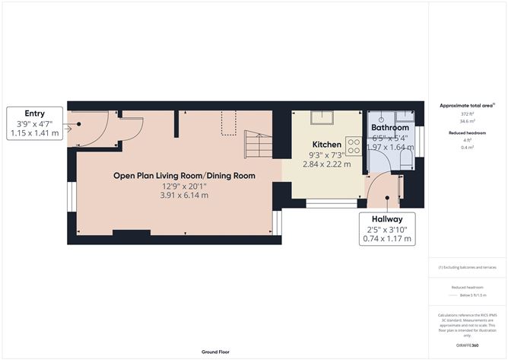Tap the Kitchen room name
tap(326, 144)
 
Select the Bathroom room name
tap(389, 128)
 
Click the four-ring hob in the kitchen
tap(353, 145)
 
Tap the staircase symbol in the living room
tap(258, 144)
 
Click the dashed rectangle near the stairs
tap(229, 123)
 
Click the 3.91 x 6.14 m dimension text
tap(184, 196)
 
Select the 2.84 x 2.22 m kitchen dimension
tap(326, 164)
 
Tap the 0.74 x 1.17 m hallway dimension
tap(386, 239)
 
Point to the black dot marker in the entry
tap(78, 125)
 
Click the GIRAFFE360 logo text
tap(467, 346)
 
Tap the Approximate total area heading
tap(466, 105)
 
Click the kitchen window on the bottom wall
tap(332, 203)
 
